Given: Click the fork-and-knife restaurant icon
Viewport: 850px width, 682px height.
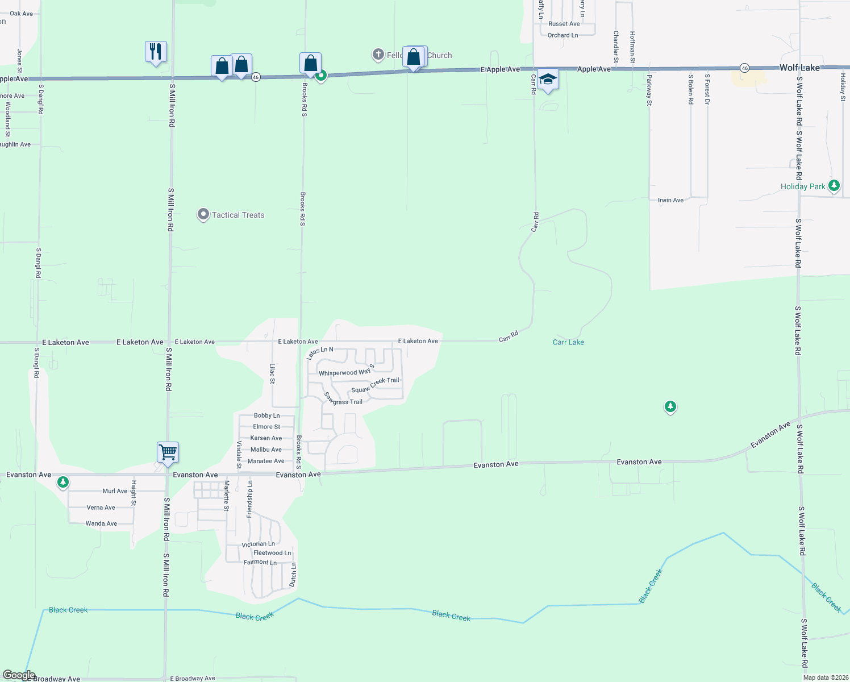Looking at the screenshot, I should (x=156, y=52).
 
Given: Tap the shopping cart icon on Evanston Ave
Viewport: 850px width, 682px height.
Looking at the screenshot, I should (x=168, y=453).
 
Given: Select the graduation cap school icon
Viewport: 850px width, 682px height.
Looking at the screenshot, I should (x=548, y=80).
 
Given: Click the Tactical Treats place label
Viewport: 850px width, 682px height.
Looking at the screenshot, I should (x=238, y=215).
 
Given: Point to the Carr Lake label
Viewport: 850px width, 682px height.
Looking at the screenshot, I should (x=568, y=342).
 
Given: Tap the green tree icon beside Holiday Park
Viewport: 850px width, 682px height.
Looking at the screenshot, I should (x=834, y=185).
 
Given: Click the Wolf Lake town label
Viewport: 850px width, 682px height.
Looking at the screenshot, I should (x=799, y=68).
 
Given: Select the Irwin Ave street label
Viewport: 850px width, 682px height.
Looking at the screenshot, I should (x=670, y=200).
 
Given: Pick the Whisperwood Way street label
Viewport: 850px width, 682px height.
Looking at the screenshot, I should (x=344, y=373).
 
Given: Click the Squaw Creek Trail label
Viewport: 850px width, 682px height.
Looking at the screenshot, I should (x=375, y=385).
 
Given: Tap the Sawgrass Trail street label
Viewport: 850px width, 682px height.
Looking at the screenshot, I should (x=343, y=398).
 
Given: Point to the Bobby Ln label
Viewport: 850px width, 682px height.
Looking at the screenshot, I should (x=266, y=415).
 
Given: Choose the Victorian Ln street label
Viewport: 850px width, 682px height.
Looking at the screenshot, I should (x=258, y=544).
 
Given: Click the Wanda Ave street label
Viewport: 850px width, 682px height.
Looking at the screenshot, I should (x=101, y=523).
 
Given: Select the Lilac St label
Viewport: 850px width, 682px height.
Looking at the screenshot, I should (x=273, y=374).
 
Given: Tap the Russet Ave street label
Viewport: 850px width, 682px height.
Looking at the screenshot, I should (x=564, y=24).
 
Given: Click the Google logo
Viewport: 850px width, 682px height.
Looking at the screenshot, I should (x=19, y=675).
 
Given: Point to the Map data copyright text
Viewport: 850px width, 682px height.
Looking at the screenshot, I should (x=825, y=677).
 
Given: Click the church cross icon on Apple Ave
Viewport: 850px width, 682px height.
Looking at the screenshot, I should (x=378, y=55).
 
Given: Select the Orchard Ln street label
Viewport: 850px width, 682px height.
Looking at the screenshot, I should (x=562, y=35).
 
